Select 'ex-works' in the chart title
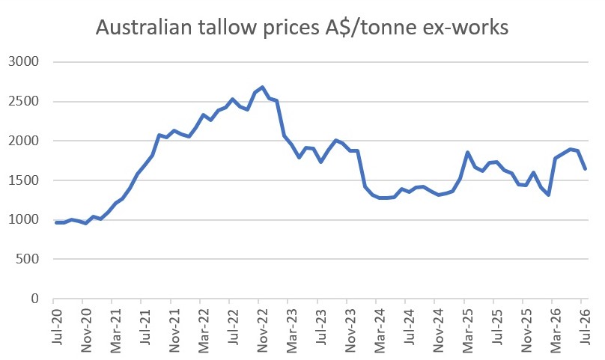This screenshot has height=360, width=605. (x=464, y=28)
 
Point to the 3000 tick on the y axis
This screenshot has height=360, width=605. (x=24, y=61)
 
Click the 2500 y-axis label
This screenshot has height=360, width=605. (x=24, y=101)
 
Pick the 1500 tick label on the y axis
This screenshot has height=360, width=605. (x=24, y=180)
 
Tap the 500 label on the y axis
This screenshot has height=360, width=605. (x=28, y=258)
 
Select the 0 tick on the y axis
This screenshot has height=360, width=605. (x=35, y=299)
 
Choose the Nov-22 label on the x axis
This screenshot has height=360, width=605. (x=263, y=330)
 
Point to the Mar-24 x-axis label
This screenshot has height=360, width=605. (x=380, y=330)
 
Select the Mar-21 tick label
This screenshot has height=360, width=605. (x=116, y=330)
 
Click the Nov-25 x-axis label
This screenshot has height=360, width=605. (x=527, y=330)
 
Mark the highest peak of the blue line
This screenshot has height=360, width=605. (x=262, y=88)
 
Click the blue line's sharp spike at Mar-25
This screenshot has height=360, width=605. (x=468, y=153)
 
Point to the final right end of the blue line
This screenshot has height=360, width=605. (x=586, y=169)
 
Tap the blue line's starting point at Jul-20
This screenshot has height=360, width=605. (x=56, y=222)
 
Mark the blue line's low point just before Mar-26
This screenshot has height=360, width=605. (x=548, y=195)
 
